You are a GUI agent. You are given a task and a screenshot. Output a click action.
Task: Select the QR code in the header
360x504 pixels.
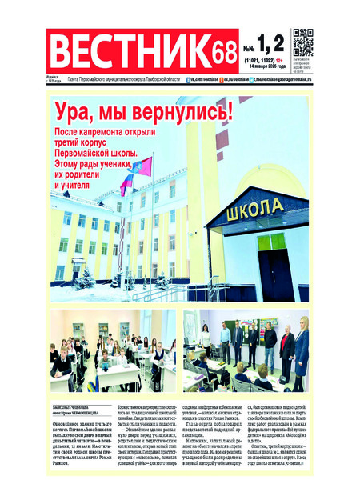(302, 41)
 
